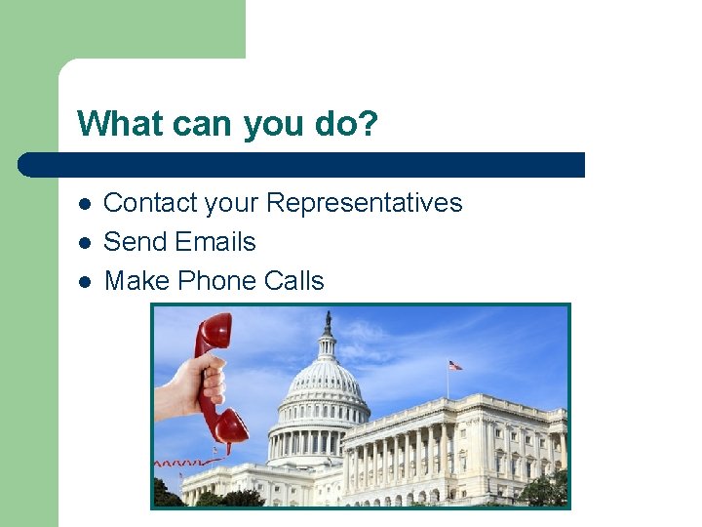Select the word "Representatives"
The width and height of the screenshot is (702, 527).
click(364, 203)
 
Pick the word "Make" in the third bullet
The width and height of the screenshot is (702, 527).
click(131, 281)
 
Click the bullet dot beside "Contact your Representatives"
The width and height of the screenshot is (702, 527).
click(85, 204)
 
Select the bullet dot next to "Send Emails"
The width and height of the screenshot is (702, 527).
click(85, 243)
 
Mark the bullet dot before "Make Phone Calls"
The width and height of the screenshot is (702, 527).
click(85, 282)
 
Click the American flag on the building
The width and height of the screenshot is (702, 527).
click(454, 365)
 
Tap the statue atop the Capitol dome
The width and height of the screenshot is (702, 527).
click(328, 321)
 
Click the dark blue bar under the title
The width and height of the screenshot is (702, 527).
click(302, 165)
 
